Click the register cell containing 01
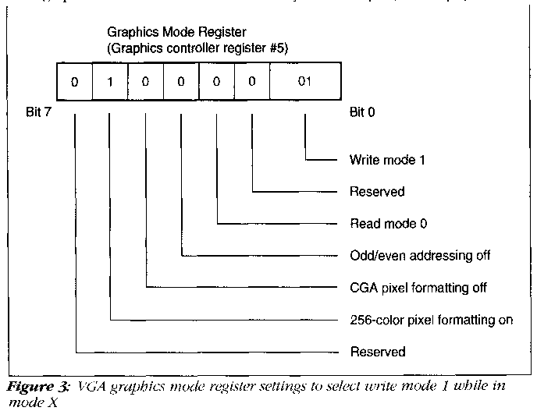click(304, 81)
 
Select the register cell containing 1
click(110, 81)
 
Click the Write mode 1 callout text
click(388, 161)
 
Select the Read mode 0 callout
click(388, 224)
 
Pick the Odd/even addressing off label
click(420, 256)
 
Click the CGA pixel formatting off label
click(418, 288)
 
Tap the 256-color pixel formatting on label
click(431, 320)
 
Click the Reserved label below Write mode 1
click(378, 192)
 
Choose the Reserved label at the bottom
click(378, 352)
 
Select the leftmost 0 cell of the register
click(75, 81)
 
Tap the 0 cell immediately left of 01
click(252, 81)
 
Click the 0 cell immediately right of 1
click(146, 81)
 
